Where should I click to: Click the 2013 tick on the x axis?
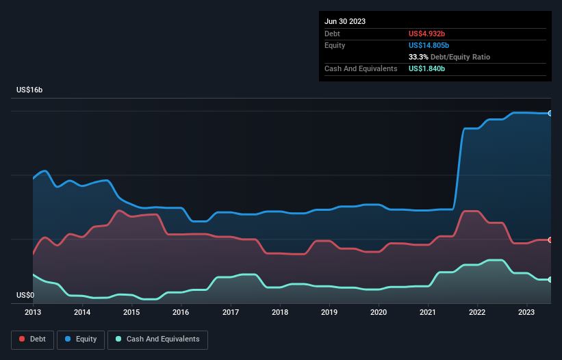33,312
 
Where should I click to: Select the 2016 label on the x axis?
181,312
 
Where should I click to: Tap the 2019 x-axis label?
329,312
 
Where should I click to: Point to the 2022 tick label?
478,312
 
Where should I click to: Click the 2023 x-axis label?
527,312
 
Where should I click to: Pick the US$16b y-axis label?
31,90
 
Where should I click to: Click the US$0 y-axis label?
26,296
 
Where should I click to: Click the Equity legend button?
81,339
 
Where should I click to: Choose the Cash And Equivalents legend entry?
157,339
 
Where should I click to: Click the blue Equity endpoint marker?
550,113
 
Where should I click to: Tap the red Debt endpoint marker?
550,240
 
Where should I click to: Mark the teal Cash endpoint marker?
550,279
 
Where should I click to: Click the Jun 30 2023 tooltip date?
345,21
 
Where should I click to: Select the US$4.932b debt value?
427,34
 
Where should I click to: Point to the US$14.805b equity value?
429,45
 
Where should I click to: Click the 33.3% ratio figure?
418,57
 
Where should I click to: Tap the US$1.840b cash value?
427,69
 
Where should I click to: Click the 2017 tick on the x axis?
231,312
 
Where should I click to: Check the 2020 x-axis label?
379,312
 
